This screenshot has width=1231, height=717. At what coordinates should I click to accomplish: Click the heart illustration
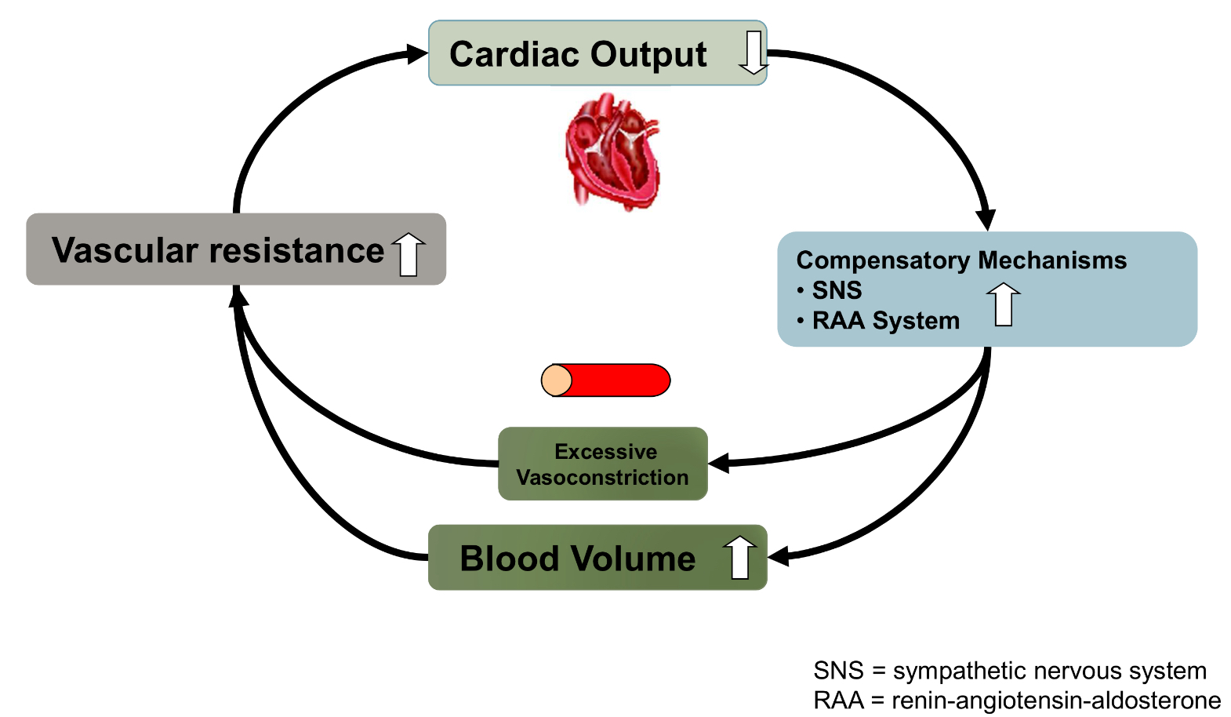pos(613,151)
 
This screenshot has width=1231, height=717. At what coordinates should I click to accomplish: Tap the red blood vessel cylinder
pos(606,380)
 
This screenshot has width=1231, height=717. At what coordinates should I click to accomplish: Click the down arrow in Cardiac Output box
pos(753,53)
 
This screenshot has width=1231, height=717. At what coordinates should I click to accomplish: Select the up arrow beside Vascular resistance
pos(409,253)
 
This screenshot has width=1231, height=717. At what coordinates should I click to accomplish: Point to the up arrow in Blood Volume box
pos(739,557)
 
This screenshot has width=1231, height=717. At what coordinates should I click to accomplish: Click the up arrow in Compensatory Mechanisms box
pos(1003,304)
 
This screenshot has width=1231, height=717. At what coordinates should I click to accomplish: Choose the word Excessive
pos(605,451)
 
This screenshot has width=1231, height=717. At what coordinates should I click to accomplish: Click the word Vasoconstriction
pos(602,477)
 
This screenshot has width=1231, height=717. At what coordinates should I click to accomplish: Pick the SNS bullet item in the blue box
pos(836,290)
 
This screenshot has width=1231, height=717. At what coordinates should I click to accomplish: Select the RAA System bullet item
pos(885,321)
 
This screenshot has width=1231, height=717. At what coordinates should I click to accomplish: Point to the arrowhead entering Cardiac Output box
pos(417,53)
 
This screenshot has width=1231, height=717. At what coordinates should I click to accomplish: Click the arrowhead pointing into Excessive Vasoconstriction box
pos(718,463)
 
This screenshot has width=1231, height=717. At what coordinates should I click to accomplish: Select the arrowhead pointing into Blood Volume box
pos(778,556)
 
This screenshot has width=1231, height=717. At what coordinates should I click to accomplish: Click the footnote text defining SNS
pos(1009,671)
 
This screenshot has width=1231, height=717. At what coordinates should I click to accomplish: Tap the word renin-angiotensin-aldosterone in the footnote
pos(1056,700)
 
